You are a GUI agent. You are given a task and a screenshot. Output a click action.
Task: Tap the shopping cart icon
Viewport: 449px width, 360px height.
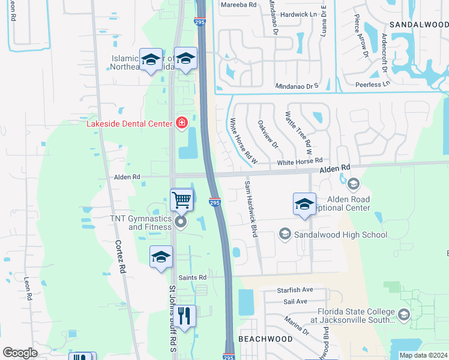[181, 200]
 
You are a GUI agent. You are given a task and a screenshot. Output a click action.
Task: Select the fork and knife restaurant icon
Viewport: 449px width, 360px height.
[185, 316]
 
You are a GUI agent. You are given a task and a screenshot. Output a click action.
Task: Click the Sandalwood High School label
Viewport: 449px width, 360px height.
[340, 235]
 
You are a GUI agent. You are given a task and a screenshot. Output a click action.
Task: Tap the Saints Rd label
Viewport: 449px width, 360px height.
[192, 277]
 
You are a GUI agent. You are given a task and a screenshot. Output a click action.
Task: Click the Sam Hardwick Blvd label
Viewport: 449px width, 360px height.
[251, 208]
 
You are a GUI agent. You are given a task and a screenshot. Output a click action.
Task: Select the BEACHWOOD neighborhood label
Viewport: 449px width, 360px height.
[266, 339]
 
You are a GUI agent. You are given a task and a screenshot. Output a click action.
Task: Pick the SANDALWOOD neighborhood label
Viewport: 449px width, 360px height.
[418, 25]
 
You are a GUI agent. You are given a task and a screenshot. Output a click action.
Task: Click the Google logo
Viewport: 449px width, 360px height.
[20, 353]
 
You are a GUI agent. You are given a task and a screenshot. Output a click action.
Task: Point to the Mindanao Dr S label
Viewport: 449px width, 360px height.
[296, 86]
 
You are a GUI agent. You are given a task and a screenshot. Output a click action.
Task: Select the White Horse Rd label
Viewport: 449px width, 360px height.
[300, 161]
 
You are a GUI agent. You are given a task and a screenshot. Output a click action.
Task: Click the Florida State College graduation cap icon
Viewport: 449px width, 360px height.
[404, 314]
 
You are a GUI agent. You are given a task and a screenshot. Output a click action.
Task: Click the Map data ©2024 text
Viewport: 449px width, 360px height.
[423, 355]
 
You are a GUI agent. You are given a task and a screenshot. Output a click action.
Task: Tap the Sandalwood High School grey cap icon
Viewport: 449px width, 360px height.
[285, 235]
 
